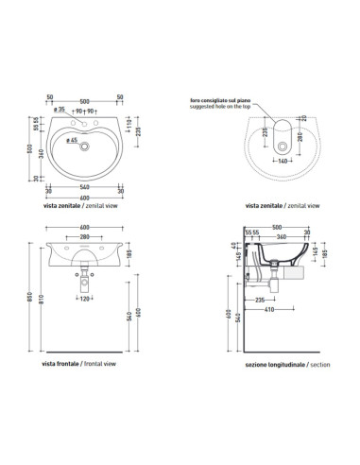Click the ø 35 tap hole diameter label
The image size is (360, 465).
61,110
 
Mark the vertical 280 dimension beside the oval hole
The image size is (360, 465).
300,138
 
